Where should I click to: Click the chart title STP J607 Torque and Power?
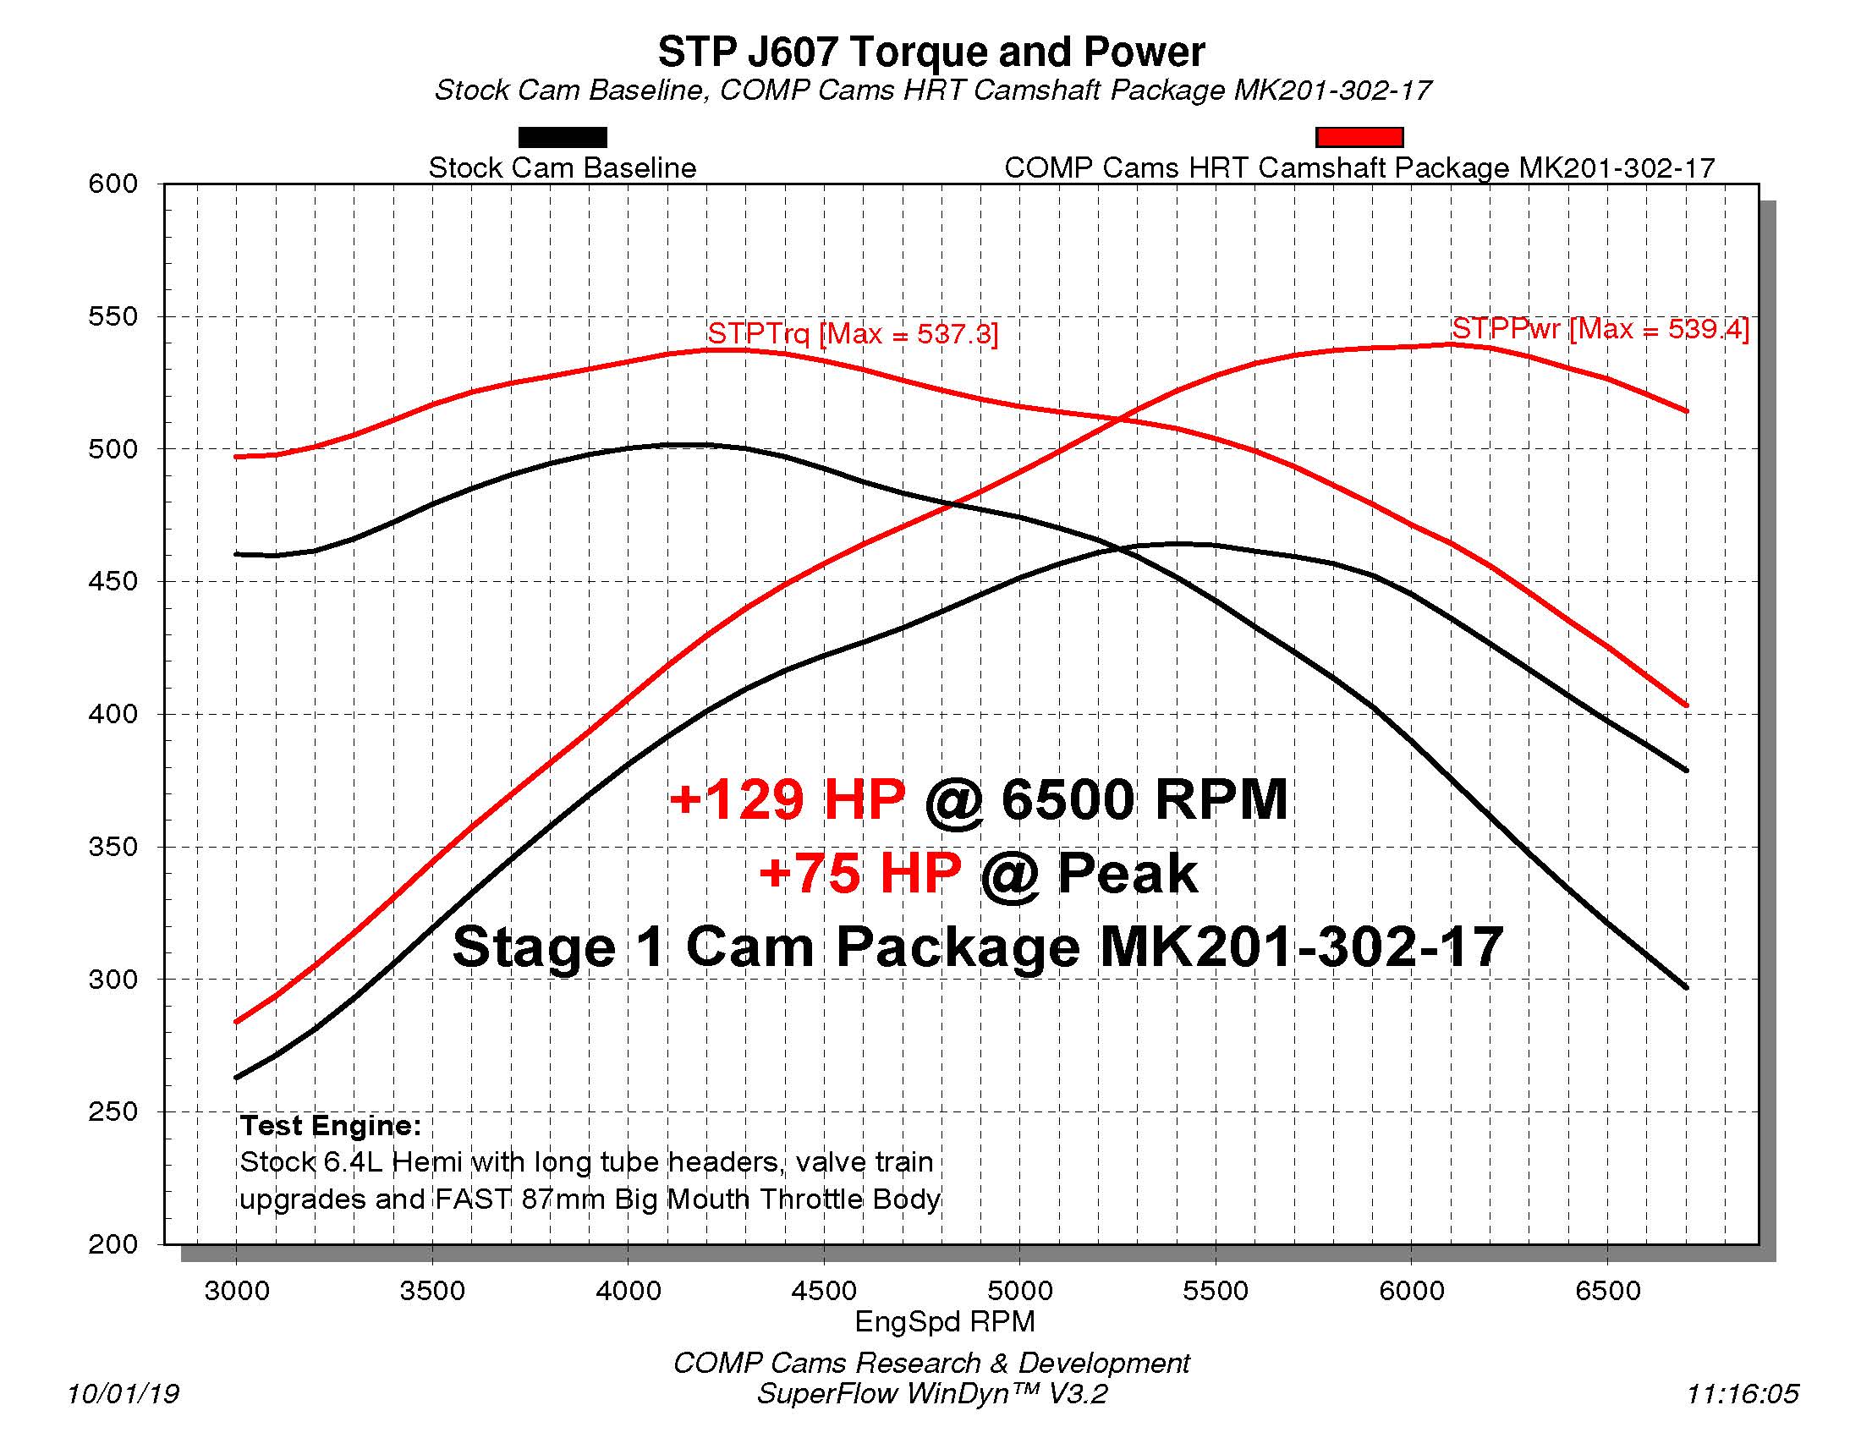[x=930, y=52]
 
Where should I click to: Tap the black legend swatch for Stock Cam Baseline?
[x=563, y=137]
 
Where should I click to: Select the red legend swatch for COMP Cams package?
[x=1359, y=137]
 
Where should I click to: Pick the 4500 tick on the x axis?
[x=823, y=1291]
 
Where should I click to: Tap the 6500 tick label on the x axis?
[x=1607, y=1291]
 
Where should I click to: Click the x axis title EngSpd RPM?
[x=944, y=1321]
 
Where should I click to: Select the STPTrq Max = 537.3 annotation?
[x=852, y=333]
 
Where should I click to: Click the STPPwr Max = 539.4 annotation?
[x=1600, y=329]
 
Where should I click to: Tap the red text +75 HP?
[x=859, y=873]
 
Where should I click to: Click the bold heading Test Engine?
[x=331, y=1125]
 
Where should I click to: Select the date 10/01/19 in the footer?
[x=123, y=1394]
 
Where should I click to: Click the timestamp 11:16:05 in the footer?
[x=1742, y=1394]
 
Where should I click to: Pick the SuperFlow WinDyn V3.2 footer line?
[x=931, y=1394]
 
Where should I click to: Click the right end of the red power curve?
[x=1686, y=411]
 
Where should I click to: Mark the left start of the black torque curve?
[x=237, y=555]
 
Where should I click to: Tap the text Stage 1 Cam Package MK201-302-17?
[x=976, y=947]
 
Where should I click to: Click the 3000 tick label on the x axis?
[x=237, y=1291]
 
